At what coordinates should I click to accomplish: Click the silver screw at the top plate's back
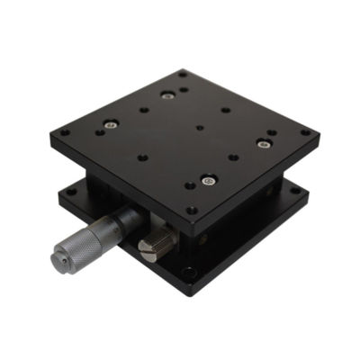(166, 94)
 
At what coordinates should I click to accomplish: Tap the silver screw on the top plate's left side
(109, 125)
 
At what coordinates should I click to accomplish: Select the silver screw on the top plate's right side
(264, 140)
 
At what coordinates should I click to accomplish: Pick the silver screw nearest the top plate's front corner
(208, 180)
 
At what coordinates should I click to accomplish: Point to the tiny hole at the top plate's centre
(199, 127)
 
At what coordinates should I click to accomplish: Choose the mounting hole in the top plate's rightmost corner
(305, 132)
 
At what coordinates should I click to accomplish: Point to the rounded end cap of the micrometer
(57, 259)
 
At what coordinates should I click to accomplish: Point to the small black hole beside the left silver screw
(99, 131)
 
